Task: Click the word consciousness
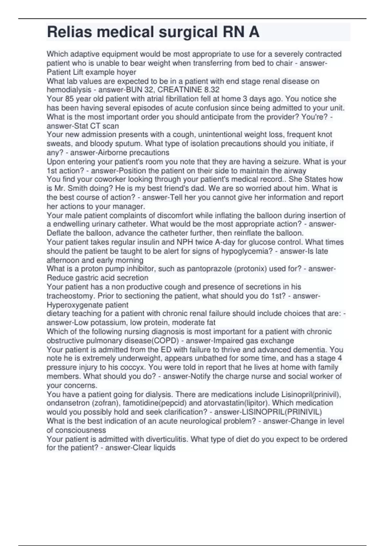(81, 430)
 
